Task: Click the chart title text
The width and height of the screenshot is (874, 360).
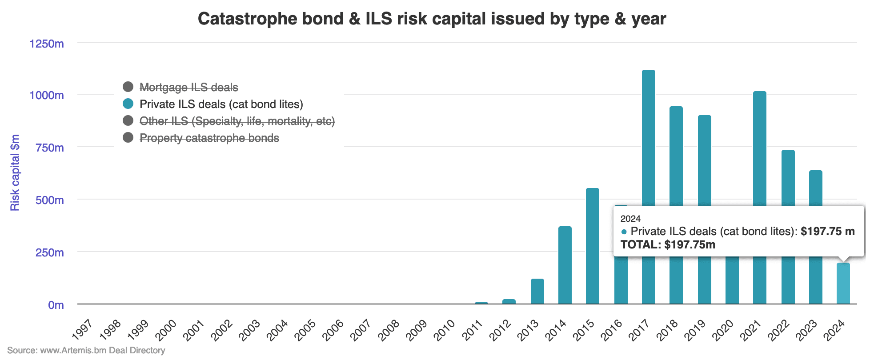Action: [x=432, y=19]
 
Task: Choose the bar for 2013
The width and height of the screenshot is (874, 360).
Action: [x=537, y=291]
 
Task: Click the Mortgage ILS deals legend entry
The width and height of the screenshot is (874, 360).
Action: [x=188, y=88]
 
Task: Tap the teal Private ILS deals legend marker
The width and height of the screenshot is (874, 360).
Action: [x=128, y=104]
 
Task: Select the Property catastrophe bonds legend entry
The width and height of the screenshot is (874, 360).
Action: [x=209, y=138]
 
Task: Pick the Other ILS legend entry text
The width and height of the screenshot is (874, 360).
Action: [x=237, y=121]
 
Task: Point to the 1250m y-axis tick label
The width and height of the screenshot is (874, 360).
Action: [x=47, y=44]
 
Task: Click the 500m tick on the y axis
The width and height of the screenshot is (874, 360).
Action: [x=49, y=200]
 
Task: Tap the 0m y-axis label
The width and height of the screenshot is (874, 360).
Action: [x=56, y=305]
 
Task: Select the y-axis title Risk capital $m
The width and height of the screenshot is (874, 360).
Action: [x=15, y=172]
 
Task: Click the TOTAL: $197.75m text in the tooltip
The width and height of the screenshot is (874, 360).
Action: [x=668, y=245]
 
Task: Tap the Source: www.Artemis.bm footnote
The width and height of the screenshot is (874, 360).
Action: [x=86, y=350]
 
